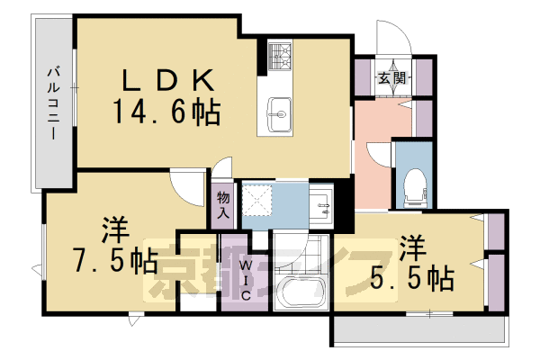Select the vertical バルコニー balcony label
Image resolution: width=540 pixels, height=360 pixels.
(53, 101)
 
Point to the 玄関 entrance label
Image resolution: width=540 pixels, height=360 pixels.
(389, 77)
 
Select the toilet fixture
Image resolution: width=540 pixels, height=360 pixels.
(414, 185)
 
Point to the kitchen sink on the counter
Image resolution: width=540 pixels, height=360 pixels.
(279, 113)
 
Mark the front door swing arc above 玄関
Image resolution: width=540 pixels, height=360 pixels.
(393, 40)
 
